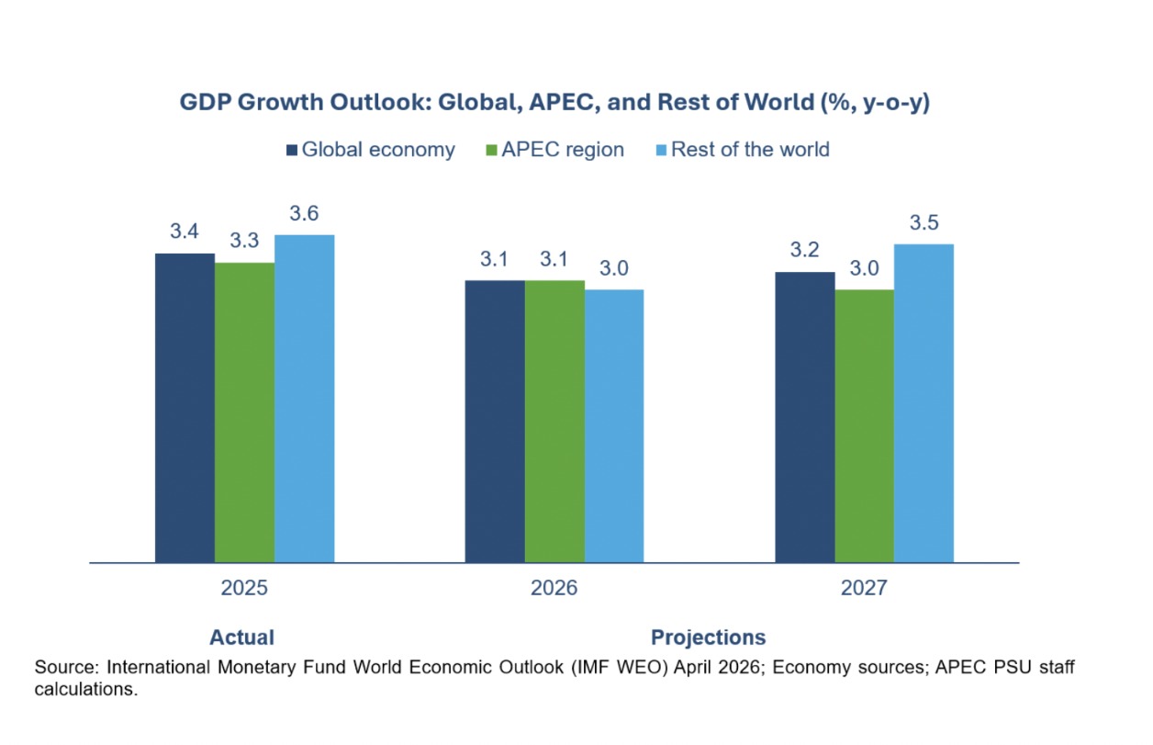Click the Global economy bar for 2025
click(185, 408)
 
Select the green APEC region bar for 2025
click(244, 412)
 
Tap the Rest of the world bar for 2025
click(304, 399)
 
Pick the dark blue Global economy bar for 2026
click(495, 421)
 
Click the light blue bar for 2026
click(614, 425)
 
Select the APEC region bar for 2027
click(865, 425)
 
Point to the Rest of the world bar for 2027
click(924, 403)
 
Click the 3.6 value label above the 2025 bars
click(304, 213)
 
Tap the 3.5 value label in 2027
click(924, 222)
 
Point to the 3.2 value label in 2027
click(804, 250)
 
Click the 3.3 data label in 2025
click(244, 241)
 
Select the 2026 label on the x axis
click(554, 588)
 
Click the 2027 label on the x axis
click(864, 588)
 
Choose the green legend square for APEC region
click(491, 150)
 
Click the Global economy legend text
click(378, 150)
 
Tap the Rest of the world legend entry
click(743, 150)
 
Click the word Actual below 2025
click(242, 638)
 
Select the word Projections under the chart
click(709, 638)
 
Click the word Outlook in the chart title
click(380, 102)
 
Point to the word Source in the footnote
click(66, 667)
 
